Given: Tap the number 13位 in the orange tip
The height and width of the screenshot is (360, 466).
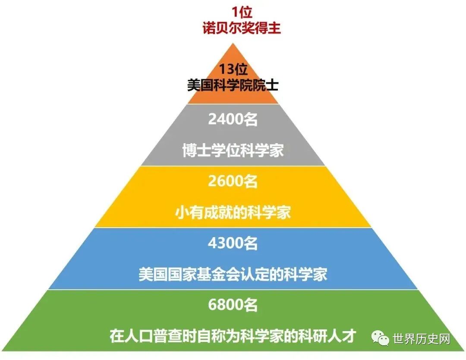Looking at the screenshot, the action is click(233, 69).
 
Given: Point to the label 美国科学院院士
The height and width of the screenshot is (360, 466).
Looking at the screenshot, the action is click(233, 85).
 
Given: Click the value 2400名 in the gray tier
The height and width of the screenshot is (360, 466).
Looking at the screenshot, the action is click(233, 119).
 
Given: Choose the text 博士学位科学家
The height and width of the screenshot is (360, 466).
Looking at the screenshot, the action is click(233, 151).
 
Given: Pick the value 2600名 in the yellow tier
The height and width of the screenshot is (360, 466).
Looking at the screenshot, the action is click(233, 182).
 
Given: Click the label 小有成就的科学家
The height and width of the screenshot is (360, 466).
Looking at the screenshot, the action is click(233, 213).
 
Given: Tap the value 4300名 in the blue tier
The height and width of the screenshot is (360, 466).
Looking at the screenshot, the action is click(233, 244).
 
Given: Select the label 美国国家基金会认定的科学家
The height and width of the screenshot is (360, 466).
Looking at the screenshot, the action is click(233, 274).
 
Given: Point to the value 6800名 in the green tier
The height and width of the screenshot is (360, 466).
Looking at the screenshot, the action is click(233, 305).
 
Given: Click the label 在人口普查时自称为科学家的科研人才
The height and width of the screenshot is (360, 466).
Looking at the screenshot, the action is click(233, 336).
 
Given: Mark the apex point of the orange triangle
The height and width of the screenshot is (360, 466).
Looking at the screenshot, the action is click(233, 44).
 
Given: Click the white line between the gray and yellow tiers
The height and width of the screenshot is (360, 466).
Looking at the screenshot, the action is click(233, 166).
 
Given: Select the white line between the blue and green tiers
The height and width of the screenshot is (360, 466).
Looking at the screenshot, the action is click(233, 289).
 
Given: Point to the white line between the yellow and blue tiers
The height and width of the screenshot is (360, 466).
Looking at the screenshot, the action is click(233, 228).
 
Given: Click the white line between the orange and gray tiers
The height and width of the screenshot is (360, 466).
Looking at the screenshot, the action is click(233, 104).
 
